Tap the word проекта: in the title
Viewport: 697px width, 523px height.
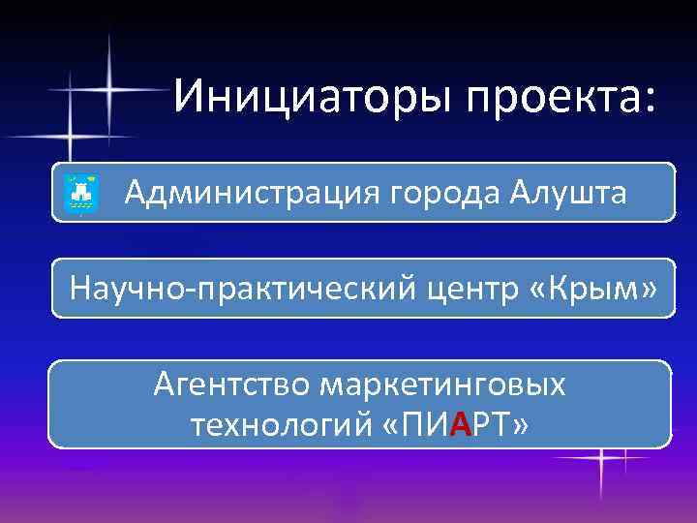click(561, 97)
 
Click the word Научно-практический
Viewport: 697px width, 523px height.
click(228, 288)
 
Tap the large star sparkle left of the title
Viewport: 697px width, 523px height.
click(107, 90)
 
